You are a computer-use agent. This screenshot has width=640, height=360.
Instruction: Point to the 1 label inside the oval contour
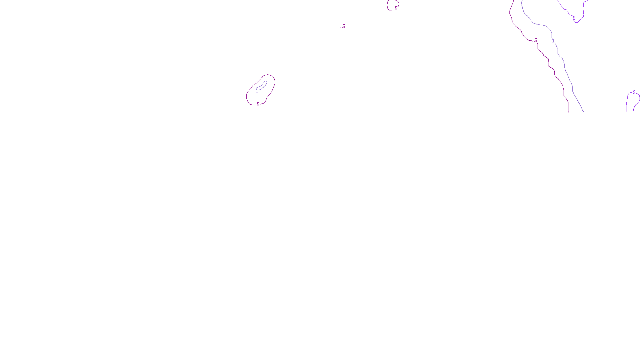tap(257, 91)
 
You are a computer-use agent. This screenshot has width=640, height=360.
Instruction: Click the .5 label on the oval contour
tap(258, 104)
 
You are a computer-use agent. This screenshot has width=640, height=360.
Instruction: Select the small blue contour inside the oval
tap(263, 85)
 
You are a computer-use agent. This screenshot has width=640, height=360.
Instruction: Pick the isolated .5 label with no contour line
tap(343, 26)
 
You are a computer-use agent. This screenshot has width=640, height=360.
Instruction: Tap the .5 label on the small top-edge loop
tap(396, 8)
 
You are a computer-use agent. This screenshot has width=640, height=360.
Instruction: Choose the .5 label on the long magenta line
tap(535, 40)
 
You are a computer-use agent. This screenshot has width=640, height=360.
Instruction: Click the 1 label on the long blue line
tap(553, 41)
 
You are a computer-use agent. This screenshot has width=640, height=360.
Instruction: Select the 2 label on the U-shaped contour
tap(574, 18)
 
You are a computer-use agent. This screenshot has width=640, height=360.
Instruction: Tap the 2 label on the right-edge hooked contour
tap(634, 92)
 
